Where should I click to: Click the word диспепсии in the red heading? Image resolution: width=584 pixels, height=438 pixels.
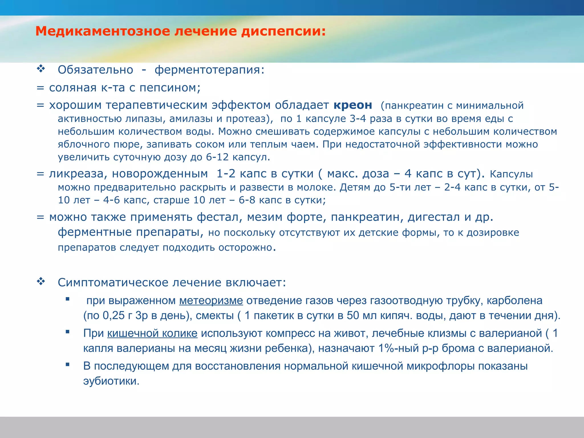pos(283,31)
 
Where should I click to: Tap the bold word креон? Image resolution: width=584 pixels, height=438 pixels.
pos(353,105)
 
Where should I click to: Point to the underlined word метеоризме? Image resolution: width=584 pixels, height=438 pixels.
pos(211,301)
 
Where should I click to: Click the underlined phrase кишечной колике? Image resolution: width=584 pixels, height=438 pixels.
pos(152,333)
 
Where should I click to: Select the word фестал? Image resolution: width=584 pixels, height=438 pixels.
pos(219,217)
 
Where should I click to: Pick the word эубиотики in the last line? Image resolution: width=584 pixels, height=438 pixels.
pos(111,381)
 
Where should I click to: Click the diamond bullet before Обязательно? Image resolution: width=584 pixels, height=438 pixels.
pos(41,69)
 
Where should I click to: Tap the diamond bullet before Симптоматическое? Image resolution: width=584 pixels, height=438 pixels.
pos(41,282)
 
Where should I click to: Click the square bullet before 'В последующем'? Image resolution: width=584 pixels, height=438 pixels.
pos(68,364)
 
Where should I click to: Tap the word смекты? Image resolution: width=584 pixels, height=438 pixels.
pos(215,316)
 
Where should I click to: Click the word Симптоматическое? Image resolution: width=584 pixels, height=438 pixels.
pos(113,283)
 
